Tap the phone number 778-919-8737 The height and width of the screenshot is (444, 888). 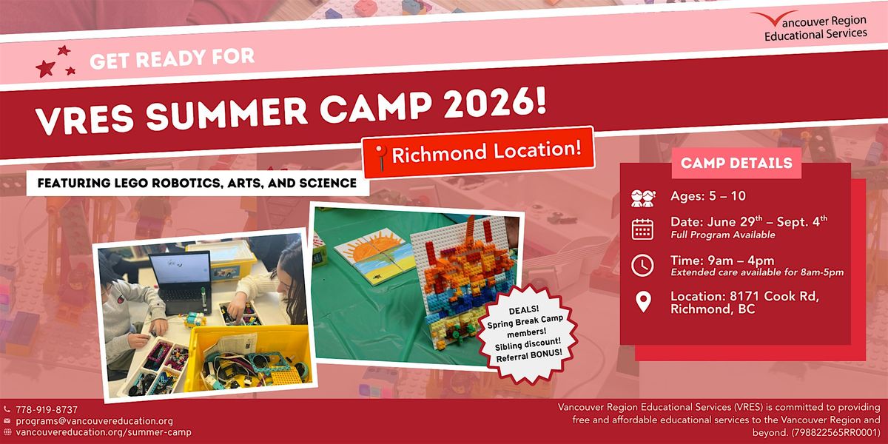47,409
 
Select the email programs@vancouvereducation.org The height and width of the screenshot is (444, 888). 95,420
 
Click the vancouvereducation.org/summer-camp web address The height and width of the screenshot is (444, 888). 104,431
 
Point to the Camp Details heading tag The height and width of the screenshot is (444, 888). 736,163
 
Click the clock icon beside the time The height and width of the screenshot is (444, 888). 642,265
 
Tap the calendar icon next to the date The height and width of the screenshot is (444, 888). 642,229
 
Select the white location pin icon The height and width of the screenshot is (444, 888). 643,302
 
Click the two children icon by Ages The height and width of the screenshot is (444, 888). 642,198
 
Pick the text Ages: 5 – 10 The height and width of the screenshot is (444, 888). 708,196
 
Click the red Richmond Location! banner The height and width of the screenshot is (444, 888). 478,152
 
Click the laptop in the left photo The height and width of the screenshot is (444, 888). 181,282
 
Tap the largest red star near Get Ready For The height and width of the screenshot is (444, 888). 45,68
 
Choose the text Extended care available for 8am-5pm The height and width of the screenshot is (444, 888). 757,272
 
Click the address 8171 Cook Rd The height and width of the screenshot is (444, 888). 774,296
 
